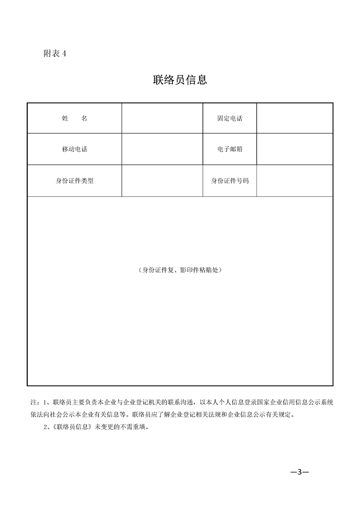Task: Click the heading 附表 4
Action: (x=55, y=54)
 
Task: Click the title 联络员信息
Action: (x=180, y=80)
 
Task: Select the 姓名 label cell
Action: (x=74, y=118)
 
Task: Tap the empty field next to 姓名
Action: (x=162, y=118)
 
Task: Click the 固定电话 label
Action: (x=230, y=118)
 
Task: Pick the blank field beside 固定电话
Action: (x=295, y=118)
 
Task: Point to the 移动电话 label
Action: (x=74, y=149)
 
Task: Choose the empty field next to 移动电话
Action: (x=162, y=149)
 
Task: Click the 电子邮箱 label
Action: (x=230, y=149)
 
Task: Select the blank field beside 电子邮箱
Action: (x=295, y=149)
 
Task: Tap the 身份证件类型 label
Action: (x=74, y=181)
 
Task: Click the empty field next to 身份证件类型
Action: (x=162, y=181)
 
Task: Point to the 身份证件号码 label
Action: (x=230, y=181)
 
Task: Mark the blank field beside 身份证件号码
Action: (x=295, y=181)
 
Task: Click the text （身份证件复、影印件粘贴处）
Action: (x=180, y=270)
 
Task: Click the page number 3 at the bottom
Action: (x=300, y=472)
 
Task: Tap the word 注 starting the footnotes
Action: (x=33, y=402)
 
